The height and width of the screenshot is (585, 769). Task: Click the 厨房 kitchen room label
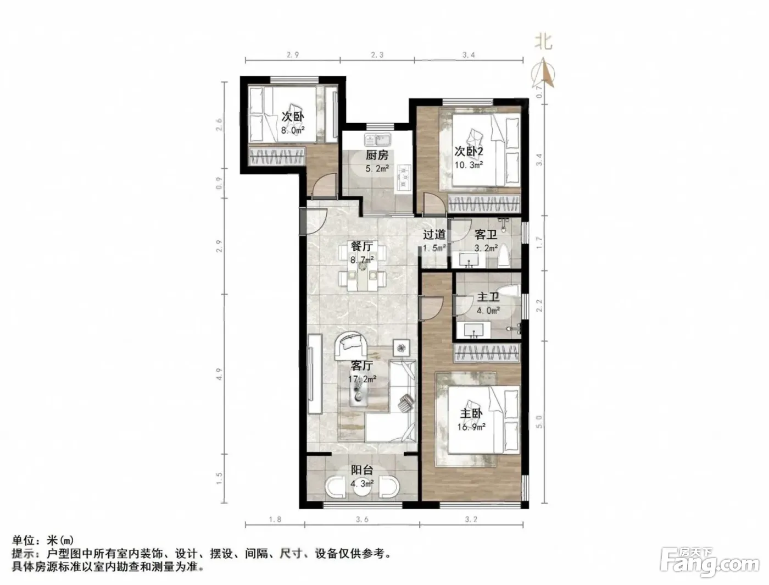pyautogui.click(x=377, y=154)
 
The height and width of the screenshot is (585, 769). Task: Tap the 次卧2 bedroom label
pyautogui.click(x=469, y=151)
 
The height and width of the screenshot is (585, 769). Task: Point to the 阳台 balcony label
pyautogui.click(x=362, y=470)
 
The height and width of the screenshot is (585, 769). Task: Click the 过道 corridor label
pyautogui.click(x=434, y=234)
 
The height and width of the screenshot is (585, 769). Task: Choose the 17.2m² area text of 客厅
pyautogui.click(x=362, y=379)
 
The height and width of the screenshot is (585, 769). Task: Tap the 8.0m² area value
pyautogui.click(x=293, y=130)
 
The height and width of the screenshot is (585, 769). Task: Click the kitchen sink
pyautogui.click(x=378, y=140)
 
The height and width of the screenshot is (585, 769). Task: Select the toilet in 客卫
pyautogui.click(x=504, y=256)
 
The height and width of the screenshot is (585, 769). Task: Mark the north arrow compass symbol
pyautogui.click(x=543, y=73)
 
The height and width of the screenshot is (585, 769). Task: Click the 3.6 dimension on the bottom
pyautogui.click(x=362, y=519)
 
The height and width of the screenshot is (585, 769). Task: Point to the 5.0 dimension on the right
pyautogui.click(x=539, y=422)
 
